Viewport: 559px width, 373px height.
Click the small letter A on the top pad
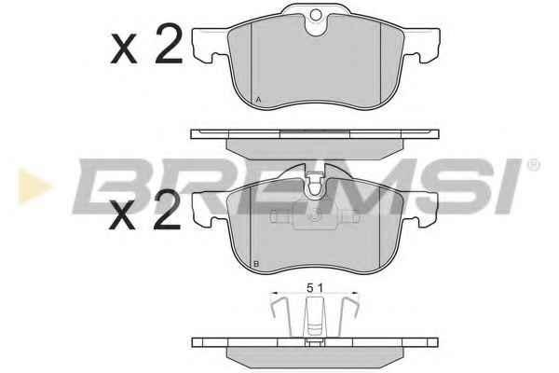258,100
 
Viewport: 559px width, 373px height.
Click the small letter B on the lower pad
256,264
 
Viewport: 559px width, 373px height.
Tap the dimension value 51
315,288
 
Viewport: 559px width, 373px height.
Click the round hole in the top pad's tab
316,15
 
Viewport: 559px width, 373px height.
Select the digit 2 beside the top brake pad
169,44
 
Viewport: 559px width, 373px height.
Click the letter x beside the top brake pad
124,48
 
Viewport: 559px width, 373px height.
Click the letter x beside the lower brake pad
123,214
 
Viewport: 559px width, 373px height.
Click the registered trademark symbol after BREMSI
533,165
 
